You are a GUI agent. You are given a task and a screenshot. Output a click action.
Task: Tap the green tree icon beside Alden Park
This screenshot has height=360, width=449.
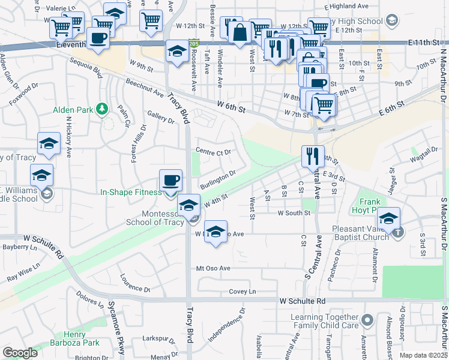point(102,109)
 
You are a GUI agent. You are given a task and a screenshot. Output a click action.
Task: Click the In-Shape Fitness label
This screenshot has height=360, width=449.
point(131,192)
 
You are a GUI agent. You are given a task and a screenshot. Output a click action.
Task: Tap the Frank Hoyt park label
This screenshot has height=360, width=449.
point(376,206)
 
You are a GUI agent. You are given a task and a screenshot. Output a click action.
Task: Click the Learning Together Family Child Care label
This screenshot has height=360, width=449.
point(324,321)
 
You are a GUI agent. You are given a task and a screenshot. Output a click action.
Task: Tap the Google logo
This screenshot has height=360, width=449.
point(20,353)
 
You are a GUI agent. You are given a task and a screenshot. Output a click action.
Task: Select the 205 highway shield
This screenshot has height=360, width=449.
point(193,44)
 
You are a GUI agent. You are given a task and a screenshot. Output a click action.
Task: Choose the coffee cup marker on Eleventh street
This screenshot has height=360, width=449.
point(98,37)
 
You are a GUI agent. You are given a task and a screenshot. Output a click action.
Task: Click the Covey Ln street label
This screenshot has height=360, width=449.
point(243,292)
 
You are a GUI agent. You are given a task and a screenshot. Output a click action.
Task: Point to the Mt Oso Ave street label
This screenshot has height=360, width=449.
point(214,268)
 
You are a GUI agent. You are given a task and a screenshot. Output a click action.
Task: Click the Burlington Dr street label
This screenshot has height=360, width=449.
point(217,179)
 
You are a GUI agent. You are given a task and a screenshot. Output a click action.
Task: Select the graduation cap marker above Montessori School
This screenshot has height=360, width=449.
point(188,205)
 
